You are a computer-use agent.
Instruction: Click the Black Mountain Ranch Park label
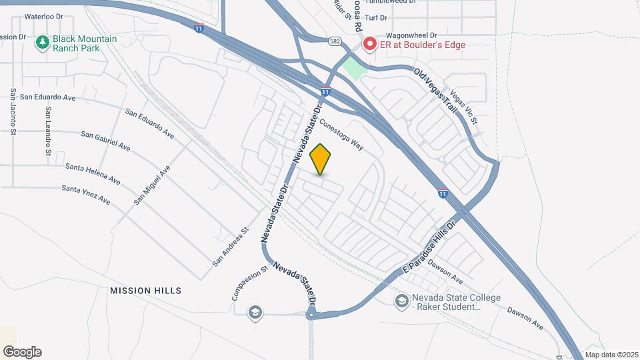pos(86,44)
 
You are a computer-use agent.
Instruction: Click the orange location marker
pos(321,159)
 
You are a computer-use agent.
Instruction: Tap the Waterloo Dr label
pos(43,15)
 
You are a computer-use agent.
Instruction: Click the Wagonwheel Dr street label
pos(409,35)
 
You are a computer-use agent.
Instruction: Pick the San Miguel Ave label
pos(152,185)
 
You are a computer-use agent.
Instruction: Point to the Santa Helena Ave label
pos(92,174)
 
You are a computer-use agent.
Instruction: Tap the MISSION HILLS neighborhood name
pos(145,291)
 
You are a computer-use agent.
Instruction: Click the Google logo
pos(22,352)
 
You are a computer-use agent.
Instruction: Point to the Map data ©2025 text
pos(611,355)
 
